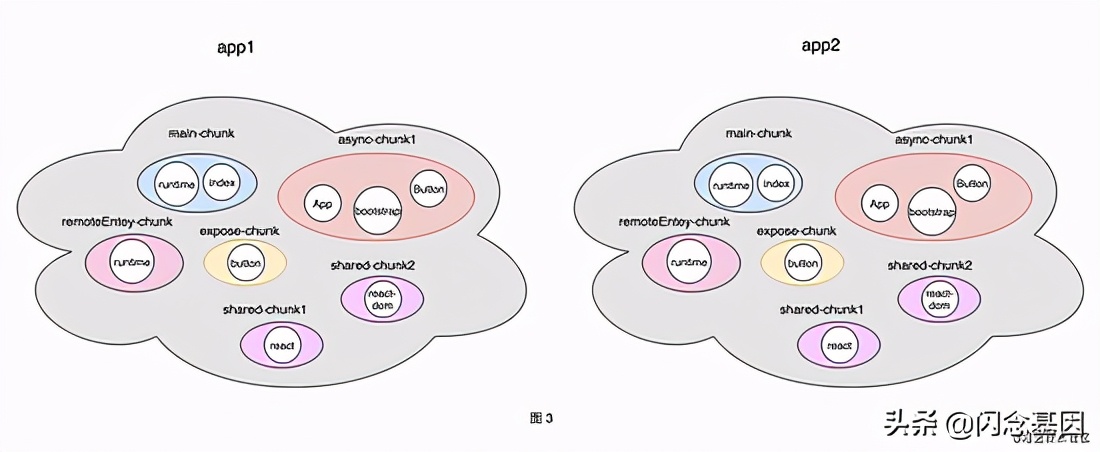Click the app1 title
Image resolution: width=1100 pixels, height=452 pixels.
point(236,47)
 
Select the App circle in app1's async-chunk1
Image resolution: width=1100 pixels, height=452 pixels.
point(322,204)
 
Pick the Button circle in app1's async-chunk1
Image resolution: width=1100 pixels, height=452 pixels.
point(428,188)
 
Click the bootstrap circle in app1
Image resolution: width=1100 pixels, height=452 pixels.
point(378,211)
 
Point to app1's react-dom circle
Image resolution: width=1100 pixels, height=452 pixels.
point(383,297)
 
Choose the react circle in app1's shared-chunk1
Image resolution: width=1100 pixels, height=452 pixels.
point(282,345)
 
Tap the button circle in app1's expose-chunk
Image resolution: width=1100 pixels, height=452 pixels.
point(245,263)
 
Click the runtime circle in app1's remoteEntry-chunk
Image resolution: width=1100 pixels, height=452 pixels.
point(133,262)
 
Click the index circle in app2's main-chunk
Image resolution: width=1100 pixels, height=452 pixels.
point(776,184)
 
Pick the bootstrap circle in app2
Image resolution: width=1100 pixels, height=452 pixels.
point(934,213)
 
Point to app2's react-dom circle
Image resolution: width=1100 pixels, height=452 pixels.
point(938,298)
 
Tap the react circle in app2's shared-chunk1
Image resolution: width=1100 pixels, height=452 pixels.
point(839,345)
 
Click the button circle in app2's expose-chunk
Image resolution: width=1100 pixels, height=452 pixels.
point(802,264)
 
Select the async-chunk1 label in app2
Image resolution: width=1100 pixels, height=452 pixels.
point(934,139)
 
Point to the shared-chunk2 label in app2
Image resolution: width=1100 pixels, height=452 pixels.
point(930,265)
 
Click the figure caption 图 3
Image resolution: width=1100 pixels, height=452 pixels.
point(541,418)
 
